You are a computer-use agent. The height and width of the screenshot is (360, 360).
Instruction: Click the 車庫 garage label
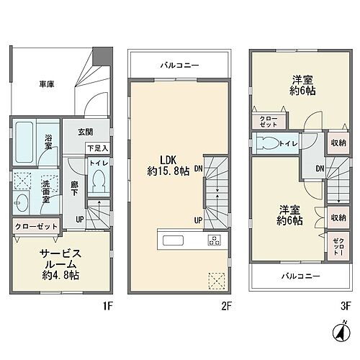[x=47, y=84]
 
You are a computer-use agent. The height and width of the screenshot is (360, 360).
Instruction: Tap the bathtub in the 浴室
[x=24, y=142]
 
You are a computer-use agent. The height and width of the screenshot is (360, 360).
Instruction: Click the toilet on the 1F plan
[x=99, y=181]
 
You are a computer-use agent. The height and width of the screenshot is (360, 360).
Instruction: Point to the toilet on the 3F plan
[x=267, y=143]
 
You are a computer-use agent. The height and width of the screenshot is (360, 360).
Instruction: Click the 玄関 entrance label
[x=86, y=132]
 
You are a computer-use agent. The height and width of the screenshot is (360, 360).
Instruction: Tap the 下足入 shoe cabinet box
[x=98, y=148]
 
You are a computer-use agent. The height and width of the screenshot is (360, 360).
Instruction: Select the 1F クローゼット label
[x=37, y=227]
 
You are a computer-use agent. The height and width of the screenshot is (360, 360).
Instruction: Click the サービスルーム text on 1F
[x=60, y=259]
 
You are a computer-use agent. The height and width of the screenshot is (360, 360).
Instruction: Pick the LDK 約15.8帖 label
[x=168, y=166]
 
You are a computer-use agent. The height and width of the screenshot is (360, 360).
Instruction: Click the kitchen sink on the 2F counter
[x=173, y=240]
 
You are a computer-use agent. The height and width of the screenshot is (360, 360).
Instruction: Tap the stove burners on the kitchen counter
[x=214, y=240]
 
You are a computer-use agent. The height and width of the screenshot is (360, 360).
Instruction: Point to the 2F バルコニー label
[x=179, y=66]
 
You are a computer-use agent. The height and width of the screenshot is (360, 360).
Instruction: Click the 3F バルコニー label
[x=300, y=276]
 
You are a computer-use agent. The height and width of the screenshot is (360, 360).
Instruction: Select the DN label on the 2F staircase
[x=199, y=168]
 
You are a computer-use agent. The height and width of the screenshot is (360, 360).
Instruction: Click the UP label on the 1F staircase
[x=80, y=220]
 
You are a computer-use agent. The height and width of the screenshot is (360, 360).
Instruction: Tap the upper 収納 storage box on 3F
[x=338, y=143]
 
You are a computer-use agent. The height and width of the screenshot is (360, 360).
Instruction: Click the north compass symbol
[x=342, y=332]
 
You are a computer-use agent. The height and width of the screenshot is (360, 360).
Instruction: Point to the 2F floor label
[x=226, y=306]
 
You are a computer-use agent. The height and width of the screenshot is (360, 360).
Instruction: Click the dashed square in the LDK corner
[x=217, y=281]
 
